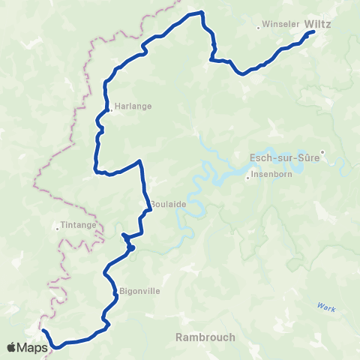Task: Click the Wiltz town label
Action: coord(319,24)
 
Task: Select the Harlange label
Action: coord(133,106)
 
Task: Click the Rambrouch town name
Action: coord(205,337)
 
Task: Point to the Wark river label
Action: coord(324,306)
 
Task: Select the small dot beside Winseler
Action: coord(259,28)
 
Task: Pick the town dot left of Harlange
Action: coord(110,110)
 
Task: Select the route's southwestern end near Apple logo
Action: coord(43,331)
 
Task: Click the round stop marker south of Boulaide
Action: coord(130,247)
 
